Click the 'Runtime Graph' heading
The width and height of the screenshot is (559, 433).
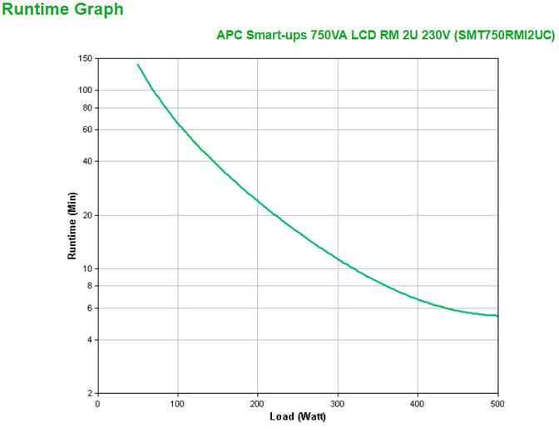(63, 10)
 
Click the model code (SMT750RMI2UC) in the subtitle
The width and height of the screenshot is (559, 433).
(506, 35)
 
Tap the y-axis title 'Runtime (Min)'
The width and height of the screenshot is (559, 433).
(72, 225)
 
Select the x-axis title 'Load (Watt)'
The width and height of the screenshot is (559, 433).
(297, 416)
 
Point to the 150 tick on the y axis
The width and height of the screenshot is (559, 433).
(85, 59)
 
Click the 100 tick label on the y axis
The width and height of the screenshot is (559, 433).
(85, 90)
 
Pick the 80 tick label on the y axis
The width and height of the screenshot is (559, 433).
(87, 108)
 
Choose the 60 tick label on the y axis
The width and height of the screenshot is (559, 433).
(87, 130)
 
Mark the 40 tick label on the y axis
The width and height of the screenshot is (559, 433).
(87, 161)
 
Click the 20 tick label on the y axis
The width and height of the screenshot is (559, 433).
(87, 215)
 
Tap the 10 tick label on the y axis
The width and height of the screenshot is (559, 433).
(87, 268)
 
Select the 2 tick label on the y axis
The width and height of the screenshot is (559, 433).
(90, 394)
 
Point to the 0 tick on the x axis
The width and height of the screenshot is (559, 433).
(98, 403)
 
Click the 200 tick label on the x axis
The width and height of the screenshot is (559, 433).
(258, 403)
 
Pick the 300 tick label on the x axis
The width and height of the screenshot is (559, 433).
(338, 403)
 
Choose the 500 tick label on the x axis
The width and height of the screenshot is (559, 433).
(497, 403)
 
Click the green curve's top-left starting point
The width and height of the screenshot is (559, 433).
(138, 64)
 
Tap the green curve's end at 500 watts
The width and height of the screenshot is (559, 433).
(497, 316)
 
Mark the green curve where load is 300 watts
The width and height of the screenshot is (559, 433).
(338, 258)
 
